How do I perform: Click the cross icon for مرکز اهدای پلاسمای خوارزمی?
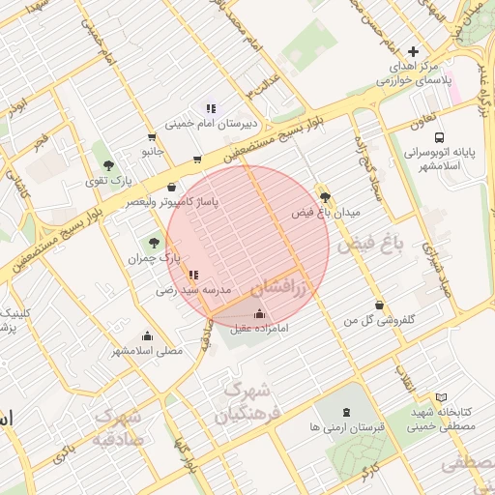[x=414, y=51]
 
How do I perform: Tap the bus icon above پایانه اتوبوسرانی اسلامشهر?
[x=440, y=138]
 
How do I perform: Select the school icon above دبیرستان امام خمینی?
[x=211, y=108]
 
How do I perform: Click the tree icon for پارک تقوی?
[x=108, y=165]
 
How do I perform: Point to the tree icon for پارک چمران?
[x=154, y=243]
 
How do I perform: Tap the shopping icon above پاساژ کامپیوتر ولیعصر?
[x=172, y=187]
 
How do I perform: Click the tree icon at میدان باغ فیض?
[x=325, y=195]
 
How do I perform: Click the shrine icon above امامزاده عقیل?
[x=258, y=313]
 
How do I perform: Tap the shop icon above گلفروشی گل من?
[x=379, y=305]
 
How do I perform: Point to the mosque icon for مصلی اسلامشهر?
[x=147, y=335]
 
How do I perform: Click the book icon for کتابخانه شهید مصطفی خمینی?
[x=442, y=397]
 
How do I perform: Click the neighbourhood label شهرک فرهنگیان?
[x=244, y=403]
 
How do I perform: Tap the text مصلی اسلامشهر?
[x=146, y=350]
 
